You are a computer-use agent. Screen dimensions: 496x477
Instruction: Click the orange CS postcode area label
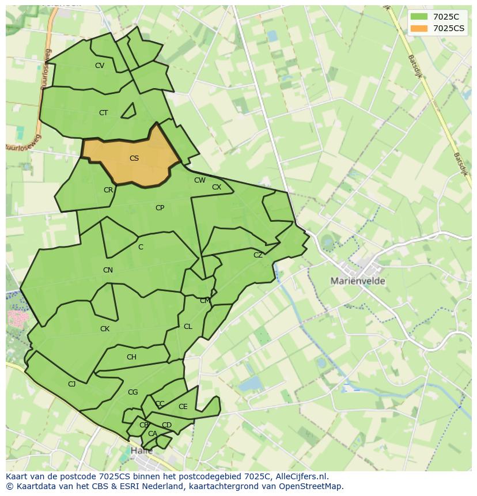(x=134, y=158)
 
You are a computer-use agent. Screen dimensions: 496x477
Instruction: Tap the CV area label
(x=100, y=66)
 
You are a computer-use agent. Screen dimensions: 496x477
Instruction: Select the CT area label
(x=103, y=113)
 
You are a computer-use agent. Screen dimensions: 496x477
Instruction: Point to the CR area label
(x=108, y=190)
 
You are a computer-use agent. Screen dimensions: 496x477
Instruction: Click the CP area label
(x=160, y=208)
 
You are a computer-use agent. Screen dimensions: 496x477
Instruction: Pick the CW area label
(x=199, y=180)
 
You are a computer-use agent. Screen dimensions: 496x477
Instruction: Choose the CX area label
(x=217, y=187)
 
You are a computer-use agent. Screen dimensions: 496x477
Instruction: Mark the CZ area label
(x=258, y=255)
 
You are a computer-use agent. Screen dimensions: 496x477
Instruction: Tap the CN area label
(x=108, y=270)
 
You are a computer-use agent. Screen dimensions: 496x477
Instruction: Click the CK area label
(x=105, y=329)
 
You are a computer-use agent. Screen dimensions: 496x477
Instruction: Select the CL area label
(x=188, y=327)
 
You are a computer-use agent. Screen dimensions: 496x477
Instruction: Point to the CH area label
(x=131, y=357)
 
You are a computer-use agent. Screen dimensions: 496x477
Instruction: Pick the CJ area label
(x=72, y=384)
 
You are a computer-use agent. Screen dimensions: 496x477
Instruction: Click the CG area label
(x=133, y=392)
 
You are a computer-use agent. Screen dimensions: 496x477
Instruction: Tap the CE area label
(x=183, y=407)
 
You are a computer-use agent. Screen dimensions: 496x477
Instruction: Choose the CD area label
(x=166, y=425)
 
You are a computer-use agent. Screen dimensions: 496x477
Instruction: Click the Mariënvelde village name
(x=358, y=281)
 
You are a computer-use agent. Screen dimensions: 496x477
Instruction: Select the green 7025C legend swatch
(x=419, y=17)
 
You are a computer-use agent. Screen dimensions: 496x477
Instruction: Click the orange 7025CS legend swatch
(x=419, y=28)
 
